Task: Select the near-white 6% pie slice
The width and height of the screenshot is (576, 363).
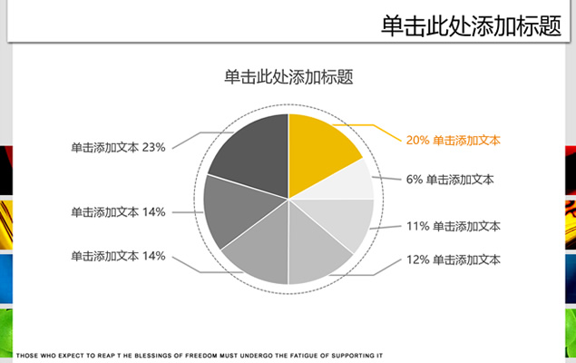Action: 346,181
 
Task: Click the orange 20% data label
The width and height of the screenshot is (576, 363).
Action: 453,141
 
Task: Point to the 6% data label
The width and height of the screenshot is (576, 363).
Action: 450,180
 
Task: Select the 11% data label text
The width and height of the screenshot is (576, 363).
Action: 453,226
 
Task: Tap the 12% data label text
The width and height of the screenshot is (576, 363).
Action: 453,260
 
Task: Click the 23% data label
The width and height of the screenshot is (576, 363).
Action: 118,148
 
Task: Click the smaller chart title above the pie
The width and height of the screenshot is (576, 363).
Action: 288,77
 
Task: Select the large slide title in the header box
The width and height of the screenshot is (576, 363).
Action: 471,25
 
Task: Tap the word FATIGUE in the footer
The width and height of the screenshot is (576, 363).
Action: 302,356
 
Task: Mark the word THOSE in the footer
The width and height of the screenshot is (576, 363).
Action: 27,356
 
